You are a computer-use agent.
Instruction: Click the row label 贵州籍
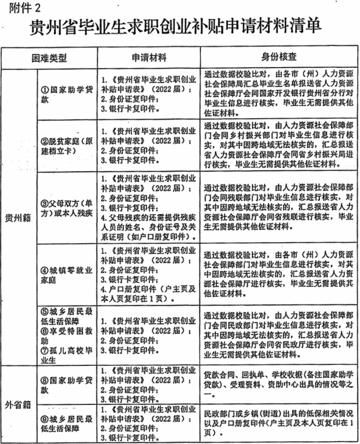pos(18,219)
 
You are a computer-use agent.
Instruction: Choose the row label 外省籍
pos(18,404)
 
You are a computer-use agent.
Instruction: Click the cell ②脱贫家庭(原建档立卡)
pos(67,146)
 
